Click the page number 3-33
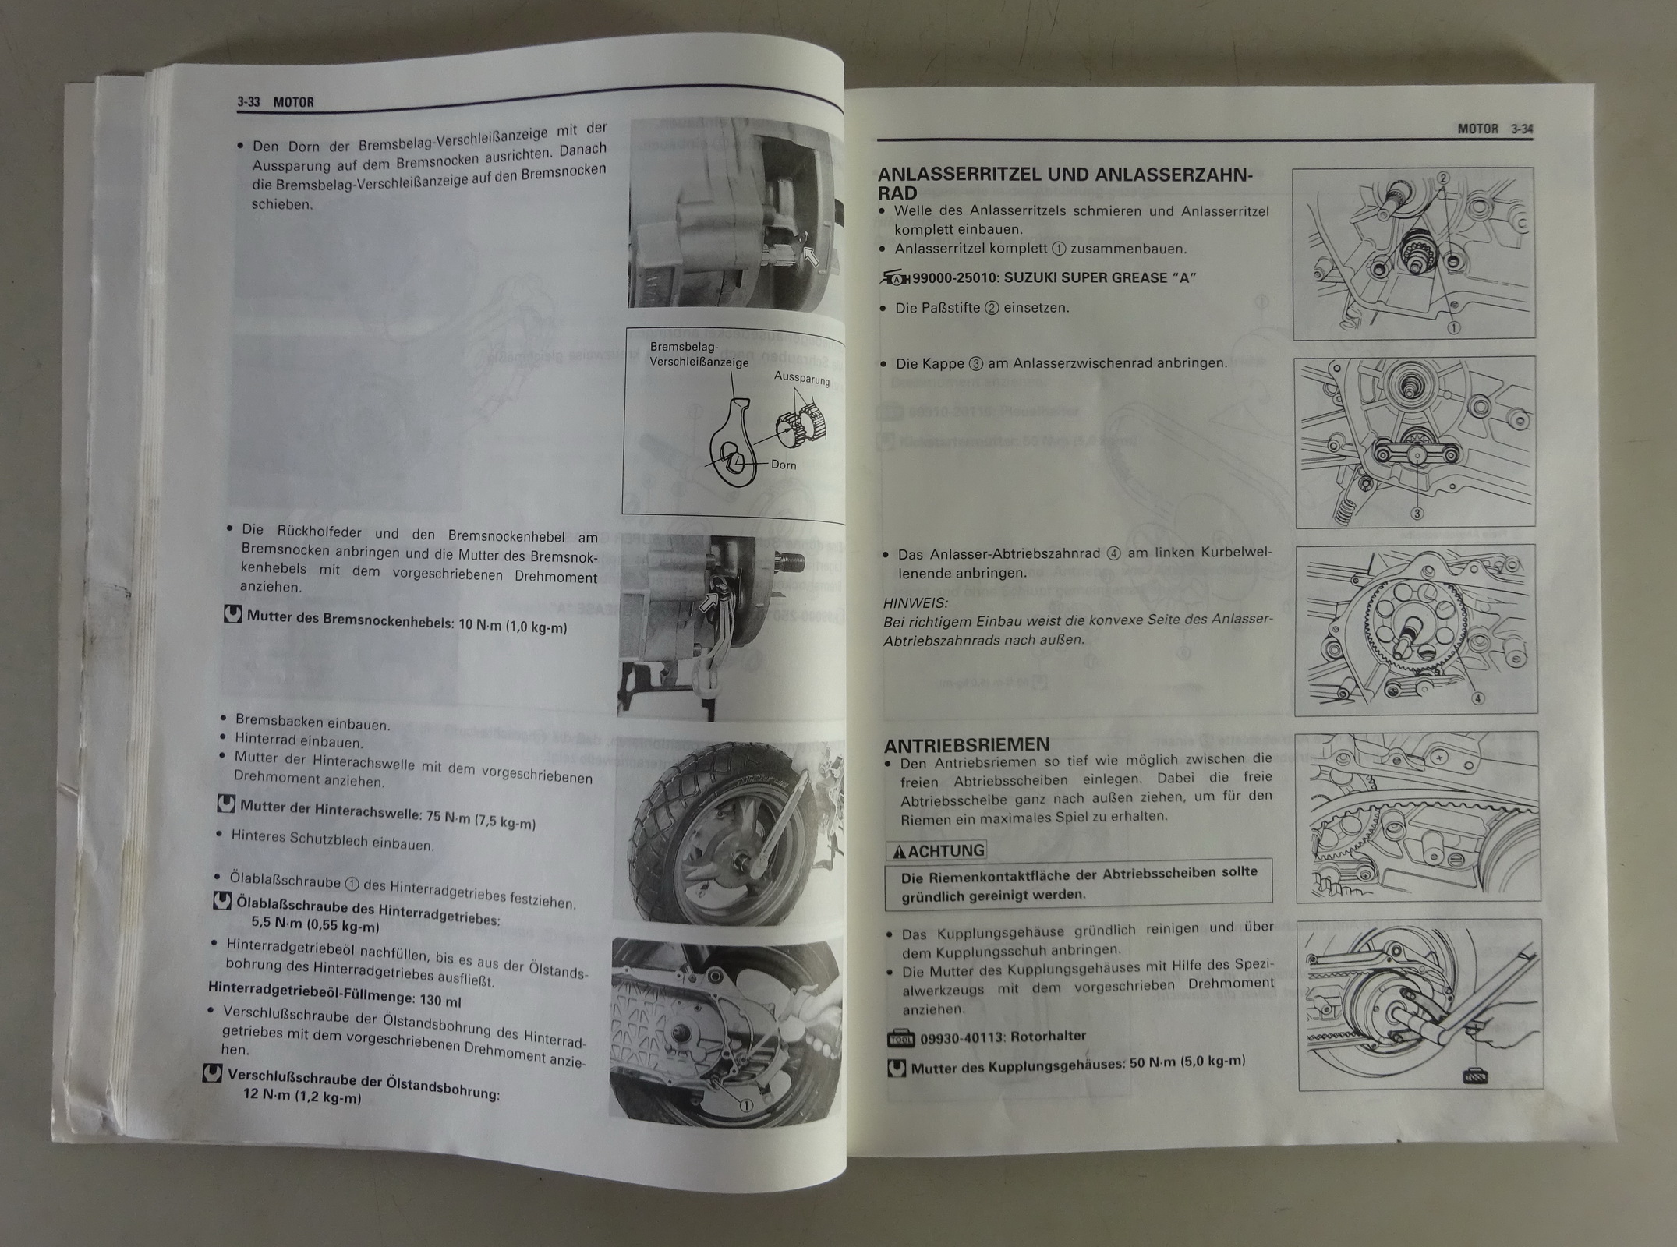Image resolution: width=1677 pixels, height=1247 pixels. click(249, 102)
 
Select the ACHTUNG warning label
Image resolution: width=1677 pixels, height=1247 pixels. click(936, 850)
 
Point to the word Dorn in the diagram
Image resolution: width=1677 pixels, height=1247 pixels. click(784, 465)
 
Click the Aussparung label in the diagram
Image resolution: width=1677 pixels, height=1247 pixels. click(801, 378)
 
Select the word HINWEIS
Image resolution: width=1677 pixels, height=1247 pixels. click(915, 603)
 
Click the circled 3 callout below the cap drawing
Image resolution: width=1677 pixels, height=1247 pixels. click(1417, 513)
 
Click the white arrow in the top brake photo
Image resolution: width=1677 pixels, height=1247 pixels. click(812, 256)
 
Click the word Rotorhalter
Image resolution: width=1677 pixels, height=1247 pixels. click(1049, 1037)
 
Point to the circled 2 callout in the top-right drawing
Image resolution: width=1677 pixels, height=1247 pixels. click(1443, 178)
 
